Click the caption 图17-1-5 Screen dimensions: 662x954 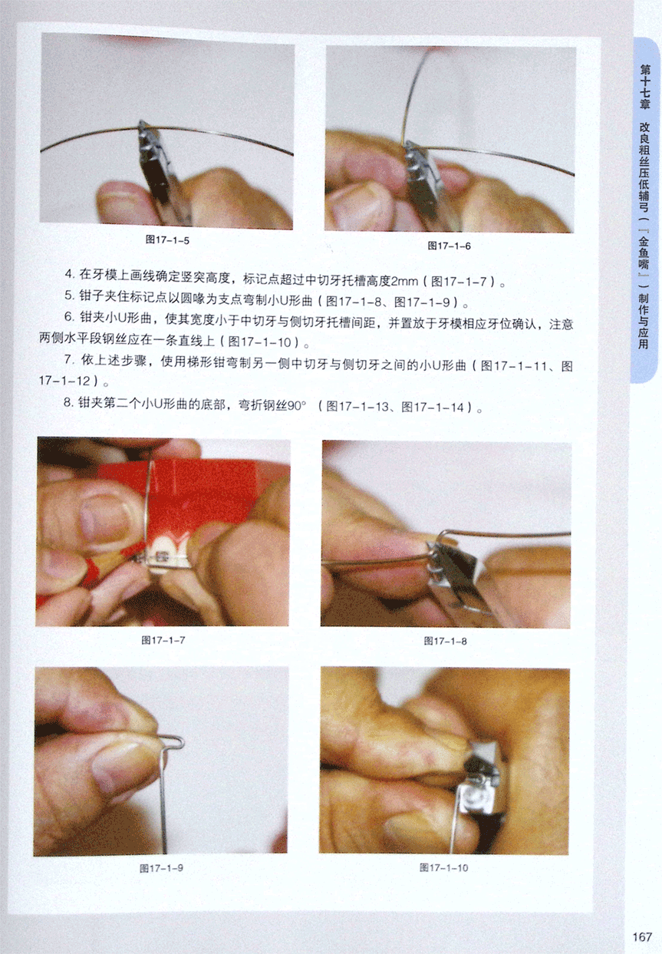click(167, 239)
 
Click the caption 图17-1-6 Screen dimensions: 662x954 click(450, 246)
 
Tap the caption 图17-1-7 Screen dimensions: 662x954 click(163, 639)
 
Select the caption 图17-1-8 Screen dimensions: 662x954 click(446, 641)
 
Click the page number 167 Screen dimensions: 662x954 click(642, 936)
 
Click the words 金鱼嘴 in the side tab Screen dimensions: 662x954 click(644, 253)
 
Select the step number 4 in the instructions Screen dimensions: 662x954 click(69, 274)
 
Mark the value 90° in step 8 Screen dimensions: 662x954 click(297, 405)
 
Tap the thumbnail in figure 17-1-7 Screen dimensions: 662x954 click(104, 518)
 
